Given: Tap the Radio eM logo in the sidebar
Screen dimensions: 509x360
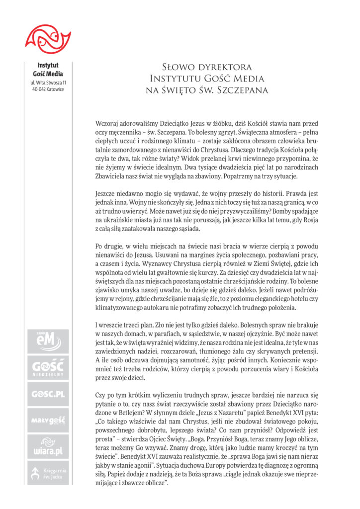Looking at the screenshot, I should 48,341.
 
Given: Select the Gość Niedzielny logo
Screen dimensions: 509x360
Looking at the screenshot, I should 48,368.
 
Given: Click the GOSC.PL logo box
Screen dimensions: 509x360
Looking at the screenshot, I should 48,395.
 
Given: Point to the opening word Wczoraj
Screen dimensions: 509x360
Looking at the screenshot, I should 107,123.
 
